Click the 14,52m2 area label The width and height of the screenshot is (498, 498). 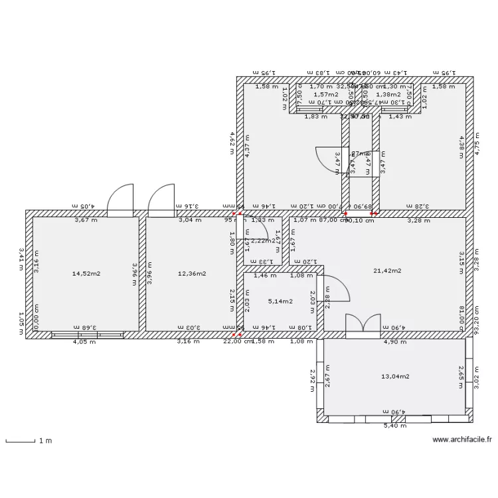coord(86,273)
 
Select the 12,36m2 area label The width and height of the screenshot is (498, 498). coord(192,273)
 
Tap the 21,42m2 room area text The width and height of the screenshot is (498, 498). coord(387,270)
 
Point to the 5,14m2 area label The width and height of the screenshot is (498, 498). coord(280,301)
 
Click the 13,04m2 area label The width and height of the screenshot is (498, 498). coord(395,376)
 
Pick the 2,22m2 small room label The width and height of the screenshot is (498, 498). coord(264,241)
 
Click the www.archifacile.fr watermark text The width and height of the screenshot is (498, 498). coord(462,439)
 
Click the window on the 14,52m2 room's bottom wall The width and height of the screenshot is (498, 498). coord(88,335)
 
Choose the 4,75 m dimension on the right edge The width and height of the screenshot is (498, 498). coord(478,143)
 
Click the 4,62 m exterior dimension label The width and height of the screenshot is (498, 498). coord(231,142)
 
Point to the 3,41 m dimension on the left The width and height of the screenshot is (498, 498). coord(21,259)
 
